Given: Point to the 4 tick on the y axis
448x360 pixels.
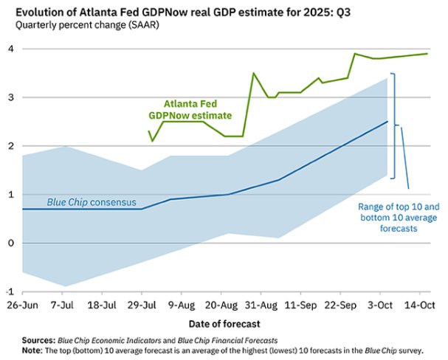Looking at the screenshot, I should (x=10, y=49).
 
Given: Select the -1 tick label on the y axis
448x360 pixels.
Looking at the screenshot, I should (x=8, y=291).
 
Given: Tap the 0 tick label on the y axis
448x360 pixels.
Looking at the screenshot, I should (x=10, y=243).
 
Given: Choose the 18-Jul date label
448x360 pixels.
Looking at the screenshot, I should (x=105, y=304).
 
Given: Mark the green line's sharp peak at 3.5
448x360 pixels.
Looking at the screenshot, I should (x=253, y=73).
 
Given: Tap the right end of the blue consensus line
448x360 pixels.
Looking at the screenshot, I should (x=387, y=122).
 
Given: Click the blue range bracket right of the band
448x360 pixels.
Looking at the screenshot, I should (x=393, y=125).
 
